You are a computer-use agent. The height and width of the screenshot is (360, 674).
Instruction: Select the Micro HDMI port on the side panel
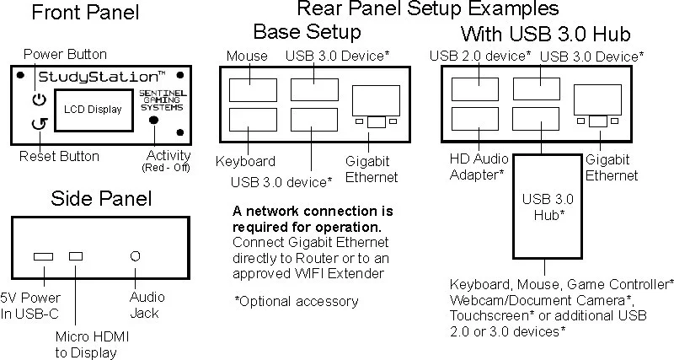(x=77, y=255)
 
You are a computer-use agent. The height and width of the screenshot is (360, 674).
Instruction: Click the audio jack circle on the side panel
(x=133, y=255)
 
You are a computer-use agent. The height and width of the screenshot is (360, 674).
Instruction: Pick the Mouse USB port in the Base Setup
(x=248, y=90)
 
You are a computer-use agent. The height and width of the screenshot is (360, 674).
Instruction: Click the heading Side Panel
(x=101, y=199)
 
